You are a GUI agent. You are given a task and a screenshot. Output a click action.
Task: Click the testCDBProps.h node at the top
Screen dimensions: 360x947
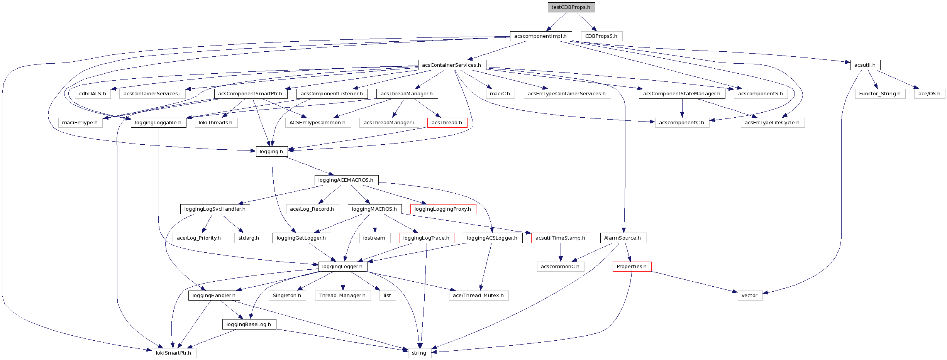pos(571,7)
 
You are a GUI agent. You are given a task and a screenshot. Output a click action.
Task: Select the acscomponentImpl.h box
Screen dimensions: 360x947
pos(540,36)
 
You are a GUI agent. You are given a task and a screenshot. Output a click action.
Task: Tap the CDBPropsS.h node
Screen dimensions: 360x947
pos(601,36)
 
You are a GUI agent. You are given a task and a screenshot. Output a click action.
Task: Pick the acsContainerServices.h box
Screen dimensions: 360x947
pos(452,65)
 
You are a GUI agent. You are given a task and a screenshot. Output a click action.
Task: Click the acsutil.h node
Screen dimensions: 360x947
pos(865,65)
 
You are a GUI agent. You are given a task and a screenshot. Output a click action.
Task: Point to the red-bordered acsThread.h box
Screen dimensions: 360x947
pos(447,123)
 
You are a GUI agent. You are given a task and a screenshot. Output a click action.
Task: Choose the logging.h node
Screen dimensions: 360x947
pos(271,152)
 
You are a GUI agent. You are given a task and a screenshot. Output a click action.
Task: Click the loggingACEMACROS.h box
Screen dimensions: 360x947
pos(346,180)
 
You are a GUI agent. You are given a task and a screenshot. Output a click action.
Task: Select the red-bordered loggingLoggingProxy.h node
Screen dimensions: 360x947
pos(443,209)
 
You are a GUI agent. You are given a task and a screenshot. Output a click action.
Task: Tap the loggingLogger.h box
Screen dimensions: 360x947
pos(342,267)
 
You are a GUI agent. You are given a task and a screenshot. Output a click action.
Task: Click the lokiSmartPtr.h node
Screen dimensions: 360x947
pos(173,353)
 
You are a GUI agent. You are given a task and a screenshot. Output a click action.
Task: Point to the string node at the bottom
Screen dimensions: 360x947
pos(419,353)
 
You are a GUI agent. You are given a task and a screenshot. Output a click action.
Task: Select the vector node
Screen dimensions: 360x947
pos(750,296)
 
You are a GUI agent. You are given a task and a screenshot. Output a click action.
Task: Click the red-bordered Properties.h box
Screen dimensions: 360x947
pos(632,267)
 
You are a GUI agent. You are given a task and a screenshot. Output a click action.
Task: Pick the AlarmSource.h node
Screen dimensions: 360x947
pos(623,238)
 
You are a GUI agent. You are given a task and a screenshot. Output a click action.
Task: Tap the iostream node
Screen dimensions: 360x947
pos(374,238)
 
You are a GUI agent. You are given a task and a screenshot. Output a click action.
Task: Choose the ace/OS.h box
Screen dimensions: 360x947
pos(929,94)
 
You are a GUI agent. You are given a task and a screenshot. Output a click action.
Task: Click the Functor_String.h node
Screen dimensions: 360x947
pos(880,94)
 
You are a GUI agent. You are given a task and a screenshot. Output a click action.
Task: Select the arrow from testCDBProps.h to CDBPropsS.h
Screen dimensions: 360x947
pos(587,22)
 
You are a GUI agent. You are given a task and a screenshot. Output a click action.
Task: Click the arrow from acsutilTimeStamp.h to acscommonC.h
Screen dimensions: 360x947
pos(561,252)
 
